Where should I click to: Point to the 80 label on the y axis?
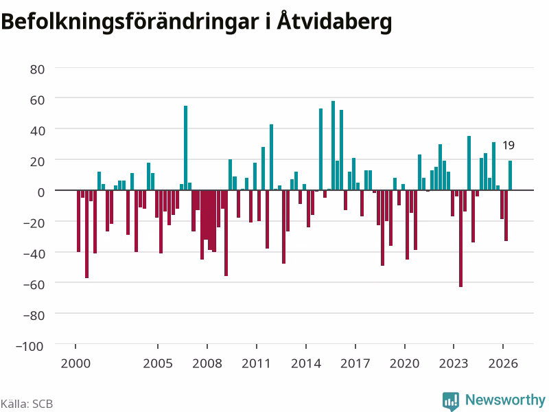click(37, 69)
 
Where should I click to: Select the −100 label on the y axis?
click(30, 346)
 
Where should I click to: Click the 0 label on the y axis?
click(41, 192)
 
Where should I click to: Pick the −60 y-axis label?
click(34, 284)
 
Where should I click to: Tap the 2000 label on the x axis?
click(75, 363)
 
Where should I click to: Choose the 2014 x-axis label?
click(306, 363)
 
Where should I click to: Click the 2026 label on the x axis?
click(503, 363)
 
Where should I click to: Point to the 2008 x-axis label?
click(207, 363)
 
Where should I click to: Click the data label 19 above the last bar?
click(509, 145)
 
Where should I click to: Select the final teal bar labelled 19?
click(510, 175)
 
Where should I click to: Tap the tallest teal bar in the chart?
click(333, 146)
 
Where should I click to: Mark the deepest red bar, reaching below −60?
click(460, 238)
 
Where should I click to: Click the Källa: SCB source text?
click(27, 404)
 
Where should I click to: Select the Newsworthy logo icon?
click(451, 400)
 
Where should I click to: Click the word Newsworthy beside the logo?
click(505, 400)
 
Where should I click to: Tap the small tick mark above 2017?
click(355, 346)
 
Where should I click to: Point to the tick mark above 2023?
click(454, 346)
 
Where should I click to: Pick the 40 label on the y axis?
click(37, 130)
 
